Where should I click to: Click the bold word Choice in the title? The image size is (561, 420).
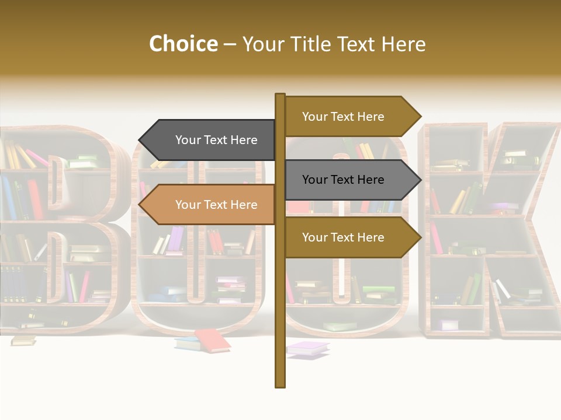tap(183, 44)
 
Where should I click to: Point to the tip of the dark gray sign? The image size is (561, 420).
tap(140, 140)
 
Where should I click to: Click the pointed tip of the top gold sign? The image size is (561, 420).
tap(420, 117)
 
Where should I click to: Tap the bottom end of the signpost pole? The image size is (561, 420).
tap(280, 385)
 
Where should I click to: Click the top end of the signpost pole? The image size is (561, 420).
tap(280, 95)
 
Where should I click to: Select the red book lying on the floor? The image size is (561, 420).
tap(213, 339)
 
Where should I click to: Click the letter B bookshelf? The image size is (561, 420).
tap(58, 233)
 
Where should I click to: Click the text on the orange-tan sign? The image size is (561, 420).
tap(216, 205)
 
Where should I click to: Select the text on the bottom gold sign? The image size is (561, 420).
tap(343, 237)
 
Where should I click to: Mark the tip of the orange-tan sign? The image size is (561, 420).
tap(140, 205)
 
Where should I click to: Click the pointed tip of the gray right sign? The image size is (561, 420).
tap(420, 180)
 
